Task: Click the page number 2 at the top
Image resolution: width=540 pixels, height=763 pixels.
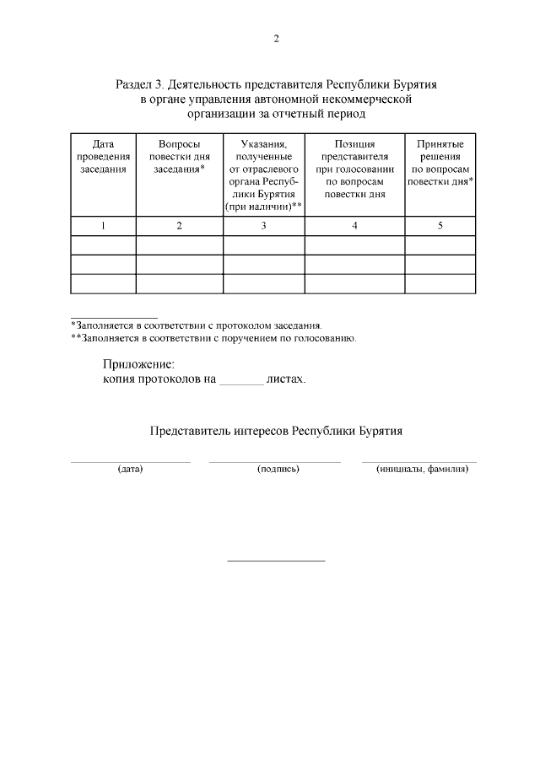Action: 276,39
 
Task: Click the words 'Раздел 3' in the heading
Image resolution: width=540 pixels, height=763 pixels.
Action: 138,85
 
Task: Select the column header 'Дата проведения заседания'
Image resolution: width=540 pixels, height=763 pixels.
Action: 103,157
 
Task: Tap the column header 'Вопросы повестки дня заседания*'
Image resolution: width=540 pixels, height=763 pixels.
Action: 179,157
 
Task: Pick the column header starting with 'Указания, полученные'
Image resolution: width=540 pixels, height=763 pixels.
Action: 263,175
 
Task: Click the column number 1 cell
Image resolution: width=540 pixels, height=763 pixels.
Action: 103,225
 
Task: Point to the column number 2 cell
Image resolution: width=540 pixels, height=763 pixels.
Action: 179,225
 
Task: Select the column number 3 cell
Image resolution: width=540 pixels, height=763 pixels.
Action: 263,225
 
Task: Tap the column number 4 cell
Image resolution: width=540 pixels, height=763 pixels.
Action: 354,225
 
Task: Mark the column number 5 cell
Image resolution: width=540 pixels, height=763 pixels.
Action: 440,225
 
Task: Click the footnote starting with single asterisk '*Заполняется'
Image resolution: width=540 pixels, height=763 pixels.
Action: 196,325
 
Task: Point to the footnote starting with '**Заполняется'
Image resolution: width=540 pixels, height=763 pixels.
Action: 213,338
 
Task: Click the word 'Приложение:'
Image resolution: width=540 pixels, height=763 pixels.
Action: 138,364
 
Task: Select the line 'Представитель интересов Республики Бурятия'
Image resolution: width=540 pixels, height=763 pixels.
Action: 276,430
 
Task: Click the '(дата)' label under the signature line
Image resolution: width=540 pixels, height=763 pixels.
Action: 131,469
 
